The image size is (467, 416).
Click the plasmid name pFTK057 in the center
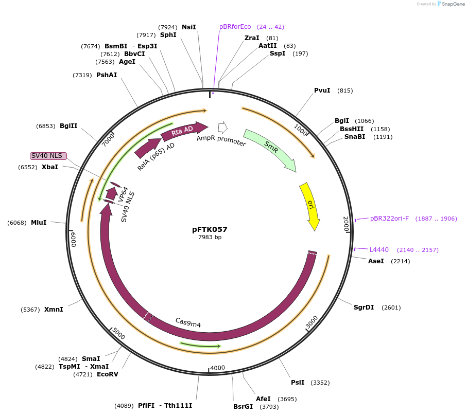(210, 229)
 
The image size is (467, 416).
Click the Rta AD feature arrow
(183, 131)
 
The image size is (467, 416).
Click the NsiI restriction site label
(189, 27)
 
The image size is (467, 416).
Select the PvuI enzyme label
(322, 91)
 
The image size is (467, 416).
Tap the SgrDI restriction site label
(364, 308)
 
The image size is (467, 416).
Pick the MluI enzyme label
(39, 222)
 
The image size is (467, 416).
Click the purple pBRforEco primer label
(235, 27)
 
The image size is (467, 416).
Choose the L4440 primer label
(379, 250)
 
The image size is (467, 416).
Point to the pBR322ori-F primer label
(389, 219)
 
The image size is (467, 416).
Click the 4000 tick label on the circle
(218, 368)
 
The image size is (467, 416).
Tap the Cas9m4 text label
(188, 322)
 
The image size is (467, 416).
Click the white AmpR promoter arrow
(223, 127)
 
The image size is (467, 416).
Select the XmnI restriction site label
(54, 310)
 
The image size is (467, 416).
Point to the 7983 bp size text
(210, 237)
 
